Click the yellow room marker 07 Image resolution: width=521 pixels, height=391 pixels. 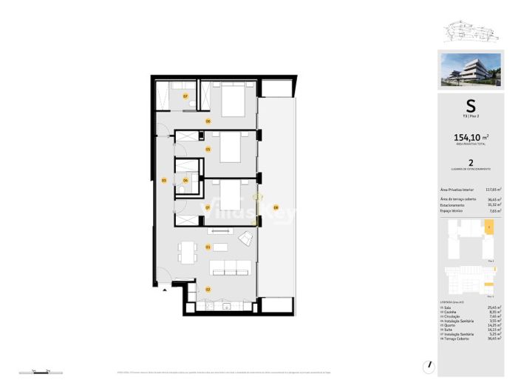(185, 96)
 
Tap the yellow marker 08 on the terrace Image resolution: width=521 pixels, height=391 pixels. (276, 207)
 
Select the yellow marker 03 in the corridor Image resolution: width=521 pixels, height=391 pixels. (163, 180)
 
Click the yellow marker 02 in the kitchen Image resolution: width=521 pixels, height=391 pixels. (208, 289)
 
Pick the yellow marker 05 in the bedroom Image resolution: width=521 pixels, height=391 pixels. (208, 150)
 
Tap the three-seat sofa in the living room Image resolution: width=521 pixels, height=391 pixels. (231, 267)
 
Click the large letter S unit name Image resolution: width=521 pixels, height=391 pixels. (470, 106)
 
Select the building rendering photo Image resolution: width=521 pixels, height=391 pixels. (470, 69)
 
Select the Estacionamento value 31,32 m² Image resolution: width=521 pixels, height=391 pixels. (494, 204)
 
